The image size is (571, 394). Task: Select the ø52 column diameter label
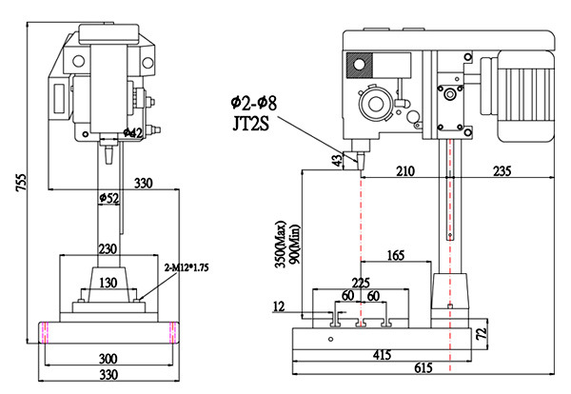click(x=110, y=199)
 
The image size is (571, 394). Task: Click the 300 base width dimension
click(x=110, y=359)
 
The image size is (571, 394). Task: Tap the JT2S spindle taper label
click(x=248, y=122)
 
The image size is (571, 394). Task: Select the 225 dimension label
click(x=360, y=281)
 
